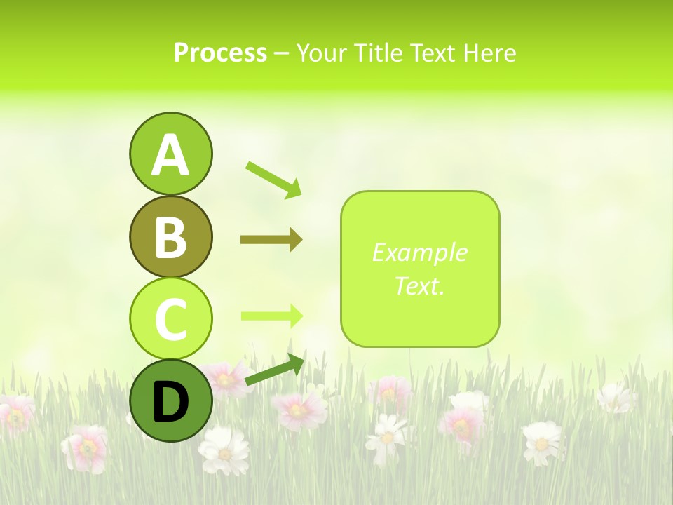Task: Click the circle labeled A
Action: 170,154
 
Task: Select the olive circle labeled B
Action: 170,236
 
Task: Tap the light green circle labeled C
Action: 170,319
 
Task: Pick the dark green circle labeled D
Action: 170,401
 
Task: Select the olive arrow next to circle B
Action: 271,240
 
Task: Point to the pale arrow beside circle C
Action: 271,316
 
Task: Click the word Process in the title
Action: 220,53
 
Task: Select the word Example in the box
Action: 419,252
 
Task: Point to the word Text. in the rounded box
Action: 419,285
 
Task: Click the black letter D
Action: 170,402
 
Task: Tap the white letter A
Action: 170,155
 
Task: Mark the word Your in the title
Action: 320,53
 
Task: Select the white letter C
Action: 170,320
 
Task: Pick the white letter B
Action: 170,237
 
